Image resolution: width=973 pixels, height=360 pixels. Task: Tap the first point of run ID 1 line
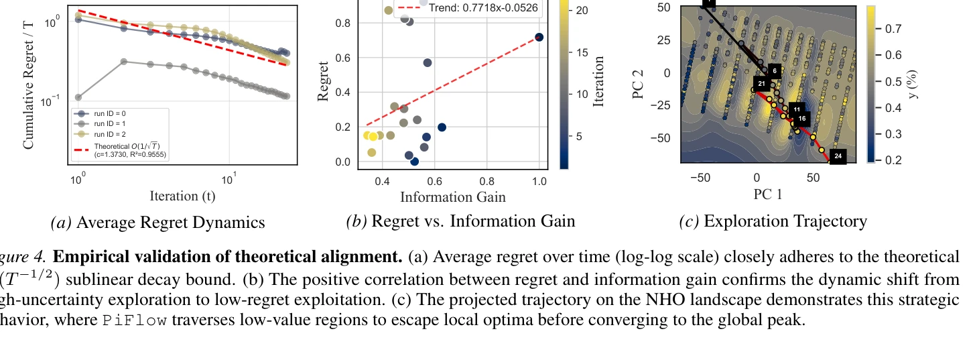78,97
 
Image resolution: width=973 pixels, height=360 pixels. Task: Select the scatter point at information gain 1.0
539,38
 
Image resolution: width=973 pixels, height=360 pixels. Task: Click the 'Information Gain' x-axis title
452,196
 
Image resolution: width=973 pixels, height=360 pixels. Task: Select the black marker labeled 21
761,83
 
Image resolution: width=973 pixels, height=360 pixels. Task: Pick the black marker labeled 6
774,70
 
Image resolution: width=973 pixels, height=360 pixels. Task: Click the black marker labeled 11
796,109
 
